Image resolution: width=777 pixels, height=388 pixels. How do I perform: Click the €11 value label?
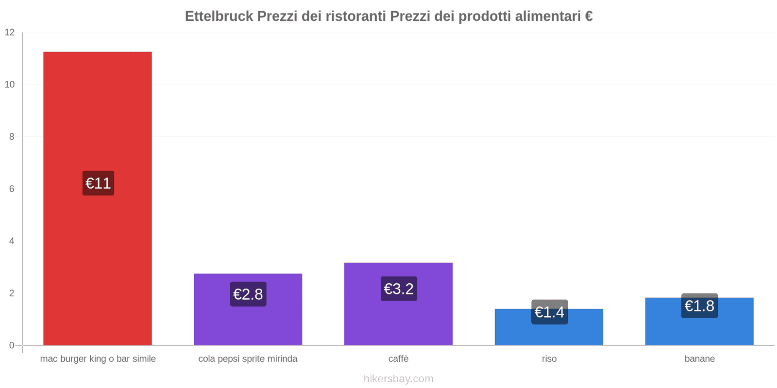pyautogui.click(x=98, y=183)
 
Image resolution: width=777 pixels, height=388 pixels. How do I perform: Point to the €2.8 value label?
pyautogui.click(x=248, y=294)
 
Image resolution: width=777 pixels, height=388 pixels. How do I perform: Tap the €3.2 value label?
pyautogui.click(x=399, y=289)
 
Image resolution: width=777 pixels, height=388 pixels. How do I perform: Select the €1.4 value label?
pyautogui.click(x=549, y=312)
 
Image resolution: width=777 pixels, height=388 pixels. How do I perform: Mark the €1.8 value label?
pyautogui.click(x=699, y=306)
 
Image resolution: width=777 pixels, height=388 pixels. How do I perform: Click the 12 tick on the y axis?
pyautogui.click(x=10, y=32)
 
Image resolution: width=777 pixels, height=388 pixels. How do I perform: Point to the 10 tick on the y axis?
pyautogui.click(x=10, y=84)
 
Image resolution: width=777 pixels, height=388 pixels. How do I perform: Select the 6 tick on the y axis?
pyautogui.click(x=12, y=189)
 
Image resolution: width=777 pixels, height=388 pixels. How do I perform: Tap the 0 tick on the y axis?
pyautogui.click(x=12, y=345)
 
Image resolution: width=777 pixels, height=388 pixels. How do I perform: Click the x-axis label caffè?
pyautogui.click(x=398, y=359)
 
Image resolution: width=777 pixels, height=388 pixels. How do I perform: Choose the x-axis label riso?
pyautogui.click(x=549, y=359)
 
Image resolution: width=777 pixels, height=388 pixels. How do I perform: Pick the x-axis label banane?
pyautogui.click(x=699, y=359)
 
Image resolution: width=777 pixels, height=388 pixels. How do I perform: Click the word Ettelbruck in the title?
pyautogui.click(x=219, y=16)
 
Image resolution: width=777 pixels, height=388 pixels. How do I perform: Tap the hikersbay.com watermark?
pyautogui.click(x=398, y=379)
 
